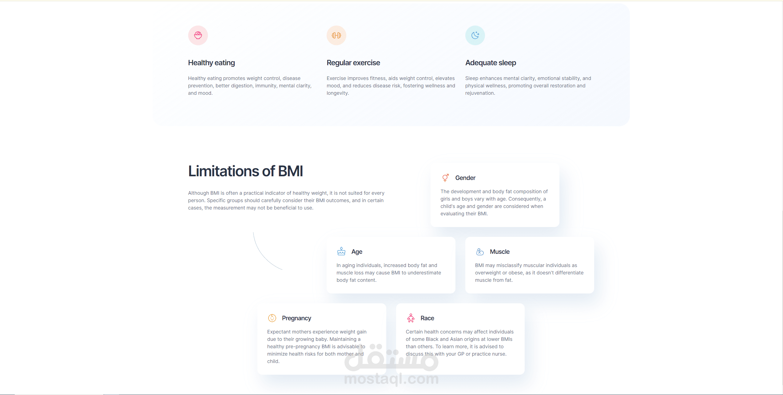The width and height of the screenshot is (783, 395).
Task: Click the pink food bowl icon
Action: [198, 35]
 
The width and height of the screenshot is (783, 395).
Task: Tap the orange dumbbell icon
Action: [336, 35]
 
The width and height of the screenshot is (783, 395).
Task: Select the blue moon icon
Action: [475, 35]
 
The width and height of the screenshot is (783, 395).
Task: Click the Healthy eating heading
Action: [212, 63]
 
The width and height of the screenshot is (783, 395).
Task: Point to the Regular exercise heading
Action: [353, 63]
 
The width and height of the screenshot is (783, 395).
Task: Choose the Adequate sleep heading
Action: [491, 63]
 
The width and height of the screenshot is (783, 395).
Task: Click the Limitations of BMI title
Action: [245, 171]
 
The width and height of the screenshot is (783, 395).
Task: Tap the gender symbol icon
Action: [445, 178]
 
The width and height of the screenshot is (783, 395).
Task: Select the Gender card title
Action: [465, 178]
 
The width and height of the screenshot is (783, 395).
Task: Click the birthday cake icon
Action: [341, 251]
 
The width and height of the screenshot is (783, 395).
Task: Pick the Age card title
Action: [357, 252]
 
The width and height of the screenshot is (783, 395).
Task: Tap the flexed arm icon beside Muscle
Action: [480, 252]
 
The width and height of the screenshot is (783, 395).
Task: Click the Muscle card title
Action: [500, 252]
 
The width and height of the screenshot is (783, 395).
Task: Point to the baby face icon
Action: [272, 318]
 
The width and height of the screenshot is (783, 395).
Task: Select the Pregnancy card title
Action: [296, 318]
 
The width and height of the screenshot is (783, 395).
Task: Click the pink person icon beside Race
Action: [411, 318]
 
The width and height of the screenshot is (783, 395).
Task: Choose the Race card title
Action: [427, 318]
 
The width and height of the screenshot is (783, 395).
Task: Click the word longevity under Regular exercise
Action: [337, 93]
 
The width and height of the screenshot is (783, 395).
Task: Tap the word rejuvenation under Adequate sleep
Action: [480, 93]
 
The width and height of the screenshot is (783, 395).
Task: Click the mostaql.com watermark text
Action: [391, 379]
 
